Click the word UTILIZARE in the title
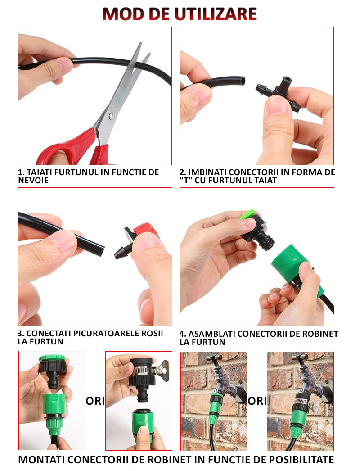pyautogui.click(x=216, y=14)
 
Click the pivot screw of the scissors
pyautogui.click(x=112, y=115)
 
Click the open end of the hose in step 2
pyautogui.click(x=243, y=82)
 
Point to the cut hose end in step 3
pyautogui.click(x=102, y=250)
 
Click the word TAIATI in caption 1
pyautogui.click(x=40, y=172)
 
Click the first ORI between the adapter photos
pyautogui.click(x=95, y=401)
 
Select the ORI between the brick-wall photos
pyautogui.click(x=257, y=401)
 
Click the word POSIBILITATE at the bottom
pyautogui.click(x=301, y=460)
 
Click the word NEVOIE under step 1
pyautogui.click(x=33, y=180)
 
